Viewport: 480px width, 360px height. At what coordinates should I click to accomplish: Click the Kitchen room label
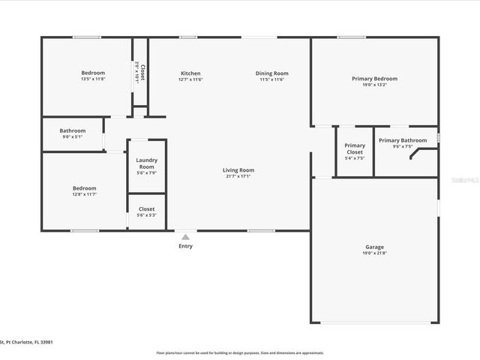(x=190, y=73)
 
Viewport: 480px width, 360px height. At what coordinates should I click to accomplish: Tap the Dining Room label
(x=271, y=73)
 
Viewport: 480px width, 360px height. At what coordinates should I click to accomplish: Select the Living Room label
(x=238, y=170)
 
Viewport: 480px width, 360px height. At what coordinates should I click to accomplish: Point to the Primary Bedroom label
(x=374, y=78)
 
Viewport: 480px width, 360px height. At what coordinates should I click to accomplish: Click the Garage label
(x=374, y=247)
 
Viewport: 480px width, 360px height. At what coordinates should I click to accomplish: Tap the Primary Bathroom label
(x=403, y=140)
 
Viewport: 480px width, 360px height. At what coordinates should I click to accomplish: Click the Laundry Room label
(x=146, y=163)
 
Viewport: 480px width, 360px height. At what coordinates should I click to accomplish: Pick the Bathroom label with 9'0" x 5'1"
(x=73, y=131)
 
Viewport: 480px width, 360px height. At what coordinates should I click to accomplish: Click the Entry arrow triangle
(x=185, y=237)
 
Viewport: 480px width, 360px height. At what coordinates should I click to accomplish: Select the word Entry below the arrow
(x=185, y=246)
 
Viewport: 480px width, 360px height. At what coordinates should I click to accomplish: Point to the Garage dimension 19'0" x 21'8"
(x=374, y=253)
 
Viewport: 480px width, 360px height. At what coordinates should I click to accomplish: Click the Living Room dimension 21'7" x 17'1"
(x=238, y=177)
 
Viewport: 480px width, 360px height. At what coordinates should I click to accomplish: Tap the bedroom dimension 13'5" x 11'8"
(x=94, y=79)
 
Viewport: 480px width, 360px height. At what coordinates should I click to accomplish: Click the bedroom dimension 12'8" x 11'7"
(x=84, y=195)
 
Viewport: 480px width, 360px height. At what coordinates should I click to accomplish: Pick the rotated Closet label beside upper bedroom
(x=142, y=73)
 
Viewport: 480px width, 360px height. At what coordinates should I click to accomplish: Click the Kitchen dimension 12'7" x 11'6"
(x=190, y=79)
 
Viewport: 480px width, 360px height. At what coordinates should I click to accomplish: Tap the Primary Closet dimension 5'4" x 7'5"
(x=355, y=158)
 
